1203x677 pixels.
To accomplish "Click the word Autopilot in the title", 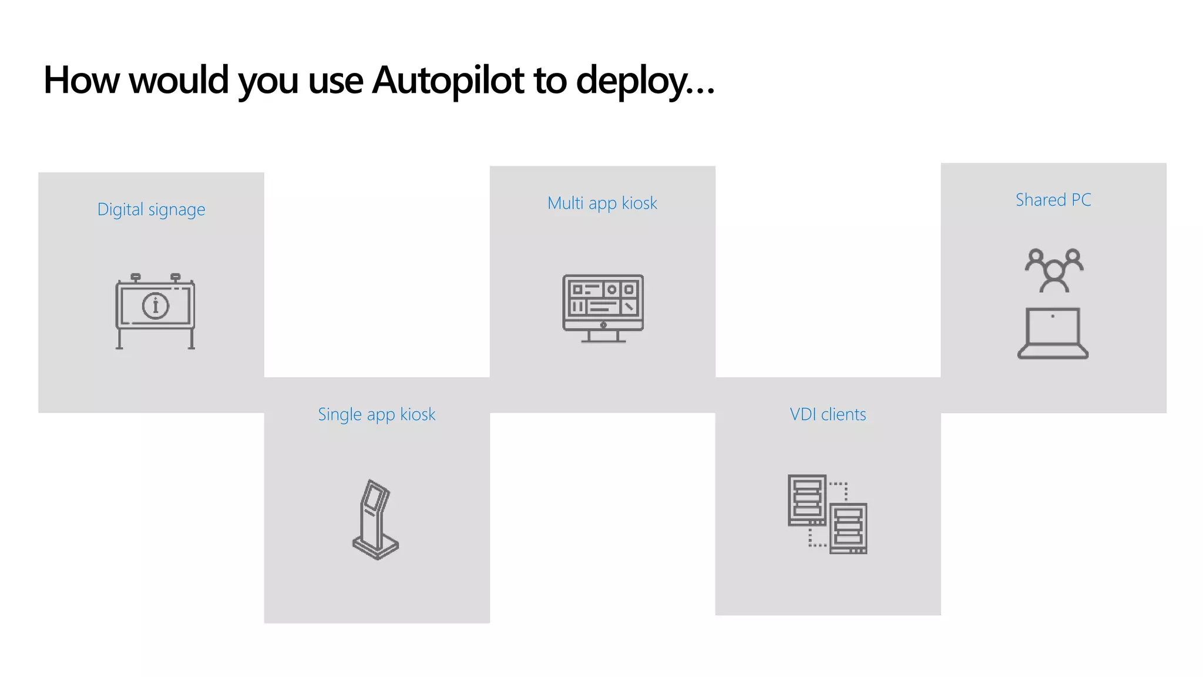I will pos(448,80).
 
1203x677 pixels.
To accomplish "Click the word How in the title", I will pos(81,80).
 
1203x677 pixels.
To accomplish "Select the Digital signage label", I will pos(151,210).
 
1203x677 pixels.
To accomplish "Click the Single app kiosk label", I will pos(377,414).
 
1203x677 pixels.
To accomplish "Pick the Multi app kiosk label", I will pos(602,203).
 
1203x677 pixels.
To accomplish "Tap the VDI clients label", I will pos(828,414).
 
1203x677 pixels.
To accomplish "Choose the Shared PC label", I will pos(1053,200).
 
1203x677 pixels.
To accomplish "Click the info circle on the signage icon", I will pos(156,306).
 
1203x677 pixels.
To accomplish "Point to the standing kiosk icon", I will pos(375,520).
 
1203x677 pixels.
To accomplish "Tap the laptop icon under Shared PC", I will pos(1053,333).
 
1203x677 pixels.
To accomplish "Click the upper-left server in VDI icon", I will pos(807,500).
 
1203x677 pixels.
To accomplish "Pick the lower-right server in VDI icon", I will pos(848,528).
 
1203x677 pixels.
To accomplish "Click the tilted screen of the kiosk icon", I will pos(375,495).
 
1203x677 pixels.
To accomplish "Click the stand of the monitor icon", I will pos(603,336).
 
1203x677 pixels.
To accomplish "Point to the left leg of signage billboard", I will pos(120,338).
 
